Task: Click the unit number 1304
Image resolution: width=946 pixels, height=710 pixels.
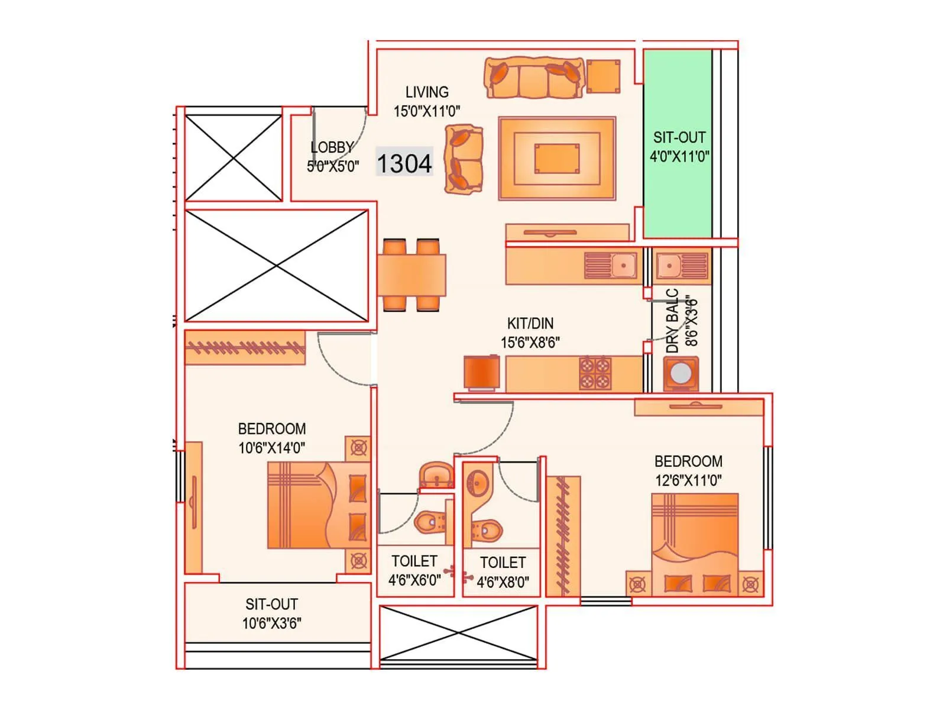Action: pyautogui.click(x=404, y=163)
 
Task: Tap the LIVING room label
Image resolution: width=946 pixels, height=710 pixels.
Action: pyautogui.click(x=427, y=92)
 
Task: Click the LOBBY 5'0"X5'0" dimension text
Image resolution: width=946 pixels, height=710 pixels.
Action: pyautogui.click(x=333, y=166)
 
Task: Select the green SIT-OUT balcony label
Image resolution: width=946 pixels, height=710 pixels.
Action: pyautogui.click(x=679, y=138)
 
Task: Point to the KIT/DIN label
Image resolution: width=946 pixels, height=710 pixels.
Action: pyautogui.click(x=530, y=324)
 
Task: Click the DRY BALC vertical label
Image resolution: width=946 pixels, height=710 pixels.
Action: pyautogui.click(x=673, y=321)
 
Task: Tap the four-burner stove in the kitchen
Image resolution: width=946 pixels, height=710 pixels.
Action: pyautogui.click(x=595, y=373)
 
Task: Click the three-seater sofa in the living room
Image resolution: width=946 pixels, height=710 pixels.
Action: pyautogui.click(x=534, y=78)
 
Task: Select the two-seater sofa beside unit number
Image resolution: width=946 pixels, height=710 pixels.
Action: pyautogui.click(x=464, y=159)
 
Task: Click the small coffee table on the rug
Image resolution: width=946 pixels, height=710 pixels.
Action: pyautogui.click(x=557, y=159)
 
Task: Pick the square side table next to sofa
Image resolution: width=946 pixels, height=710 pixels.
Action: pyautogui.click(x=604, y=76)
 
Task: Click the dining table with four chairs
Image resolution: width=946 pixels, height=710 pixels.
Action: pyautogui.click(x=412, y=275)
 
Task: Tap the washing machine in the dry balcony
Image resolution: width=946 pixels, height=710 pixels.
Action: pyautogui.click(x=681, y=373)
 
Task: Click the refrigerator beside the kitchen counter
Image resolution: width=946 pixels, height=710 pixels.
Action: pyautogui.click(x=482, y=372)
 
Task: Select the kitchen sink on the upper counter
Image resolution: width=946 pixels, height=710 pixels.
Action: pyautogui.click(x=623, y=265)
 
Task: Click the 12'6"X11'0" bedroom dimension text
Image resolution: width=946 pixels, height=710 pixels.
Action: pyautogui.click(x=688, y=480)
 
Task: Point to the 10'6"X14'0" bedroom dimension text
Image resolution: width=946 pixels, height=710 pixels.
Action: pyautogui.click(x=271, y=448)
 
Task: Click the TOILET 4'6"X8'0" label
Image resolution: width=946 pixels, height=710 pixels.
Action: pyautogui.click(x=503, y=572)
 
